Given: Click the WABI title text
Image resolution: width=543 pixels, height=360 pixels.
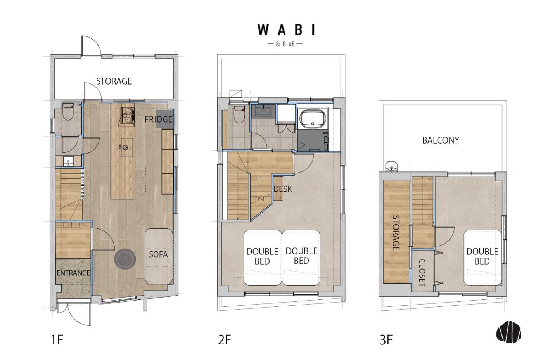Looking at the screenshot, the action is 286,30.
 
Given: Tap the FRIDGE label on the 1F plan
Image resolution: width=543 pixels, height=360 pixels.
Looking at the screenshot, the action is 159,119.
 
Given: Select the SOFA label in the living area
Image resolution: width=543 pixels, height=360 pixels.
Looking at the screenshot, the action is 158,254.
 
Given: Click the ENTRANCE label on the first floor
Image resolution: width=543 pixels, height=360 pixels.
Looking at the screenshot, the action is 73,273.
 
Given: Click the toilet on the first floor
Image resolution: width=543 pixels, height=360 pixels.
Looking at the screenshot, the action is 68,111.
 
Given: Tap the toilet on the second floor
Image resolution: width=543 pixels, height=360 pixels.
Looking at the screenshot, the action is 239,114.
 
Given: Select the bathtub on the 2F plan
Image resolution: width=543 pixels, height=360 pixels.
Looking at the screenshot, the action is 313,119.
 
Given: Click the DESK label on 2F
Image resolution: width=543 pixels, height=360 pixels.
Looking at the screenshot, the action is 283,189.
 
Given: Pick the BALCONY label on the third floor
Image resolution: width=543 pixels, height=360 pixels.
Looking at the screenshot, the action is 441,140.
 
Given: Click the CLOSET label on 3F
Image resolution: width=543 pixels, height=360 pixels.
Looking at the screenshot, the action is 422,272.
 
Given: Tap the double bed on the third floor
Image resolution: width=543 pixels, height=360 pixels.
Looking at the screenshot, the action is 482,258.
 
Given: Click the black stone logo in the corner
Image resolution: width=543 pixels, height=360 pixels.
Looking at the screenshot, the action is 508,332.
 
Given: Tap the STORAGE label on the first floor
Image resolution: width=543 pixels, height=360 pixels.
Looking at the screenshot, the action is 114,81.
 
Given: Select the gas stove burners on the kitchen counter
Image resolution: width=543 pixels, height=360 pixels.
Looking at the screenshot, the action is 128,115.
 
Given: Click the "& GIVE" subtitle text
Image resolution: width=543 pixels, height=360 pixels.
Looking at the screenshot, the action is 285,44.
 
